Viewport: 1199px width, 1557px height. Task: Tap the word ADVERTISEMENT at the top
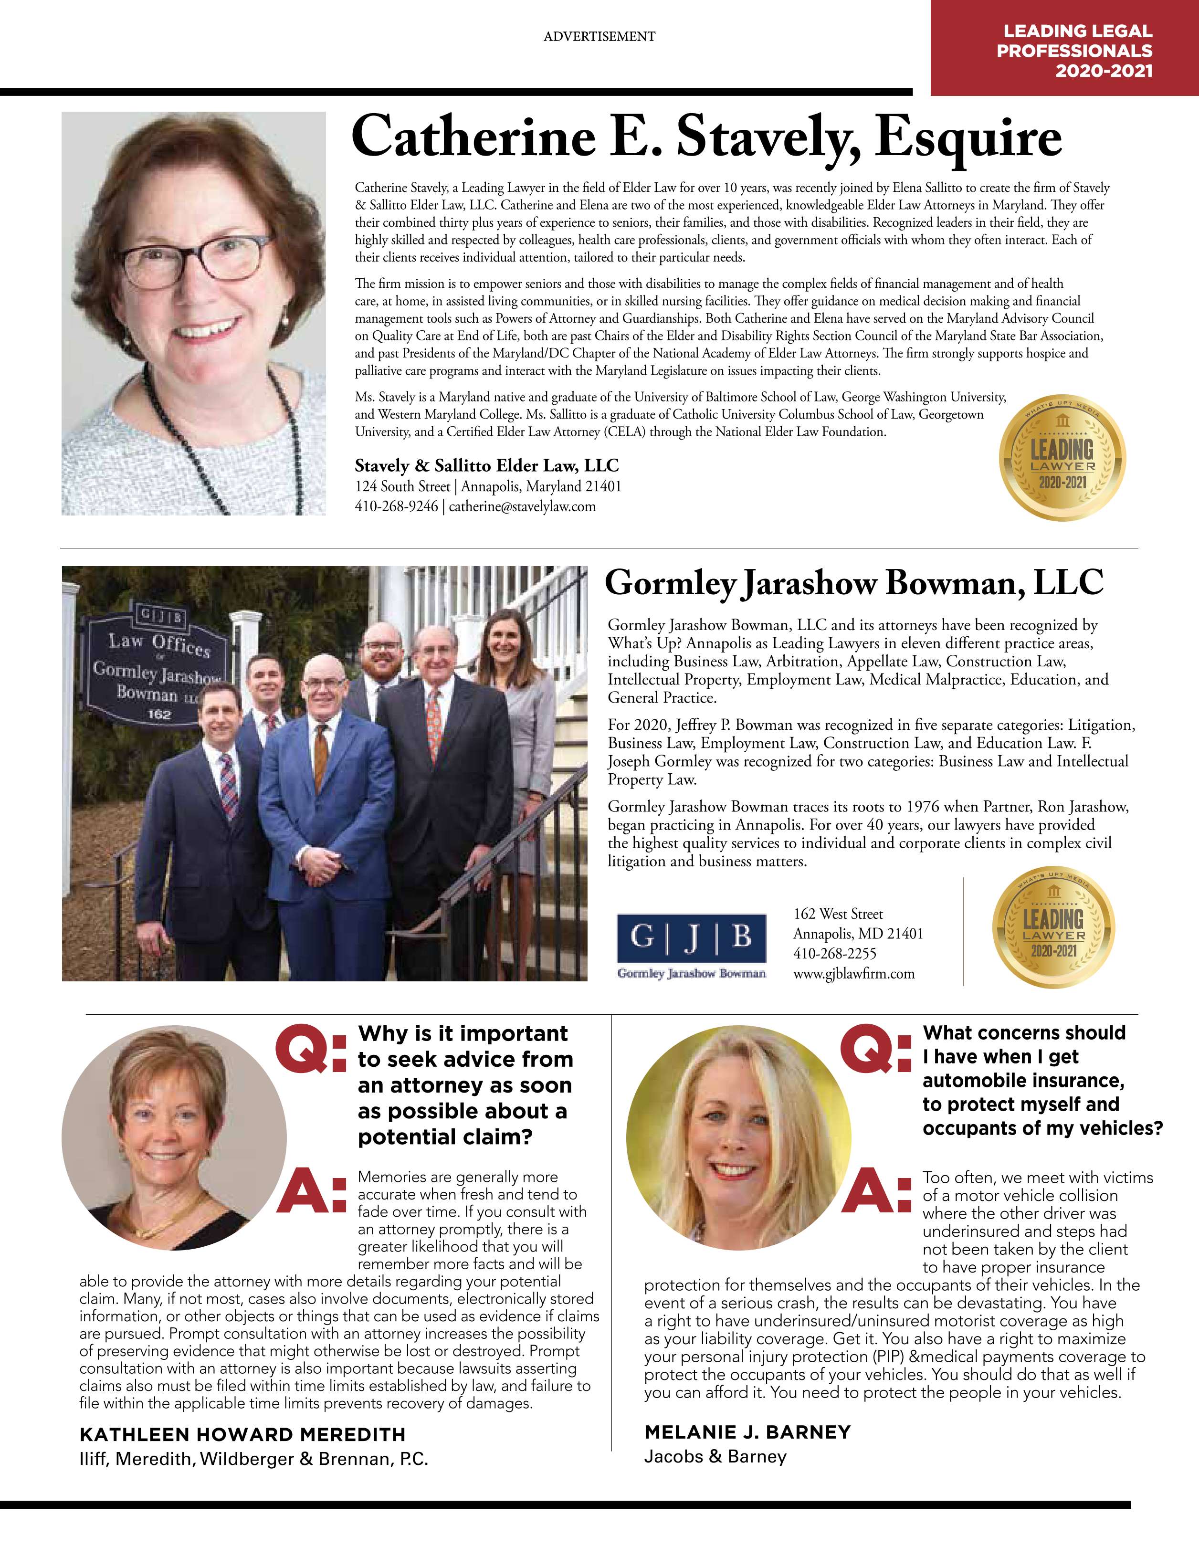point(599,36)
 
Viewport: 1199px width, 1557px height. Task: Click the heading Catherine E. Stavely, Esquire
point(706,137)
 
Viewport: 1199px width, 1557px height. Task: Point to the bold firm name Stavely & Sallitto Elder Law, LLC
point(487,465)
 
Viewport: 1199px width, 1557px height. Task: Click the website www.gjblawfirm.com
point(853,974)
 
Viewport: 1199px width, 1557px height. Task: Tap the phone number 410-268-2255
point(835,954)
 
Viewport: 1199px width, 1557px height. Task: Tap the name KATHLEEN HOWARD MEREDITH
point(242,1434)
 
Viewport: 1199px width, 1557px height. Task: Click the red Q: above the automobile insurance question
point(875,1050)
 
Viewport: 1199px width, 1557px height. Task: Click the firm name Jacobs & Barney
point(715,1456)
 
